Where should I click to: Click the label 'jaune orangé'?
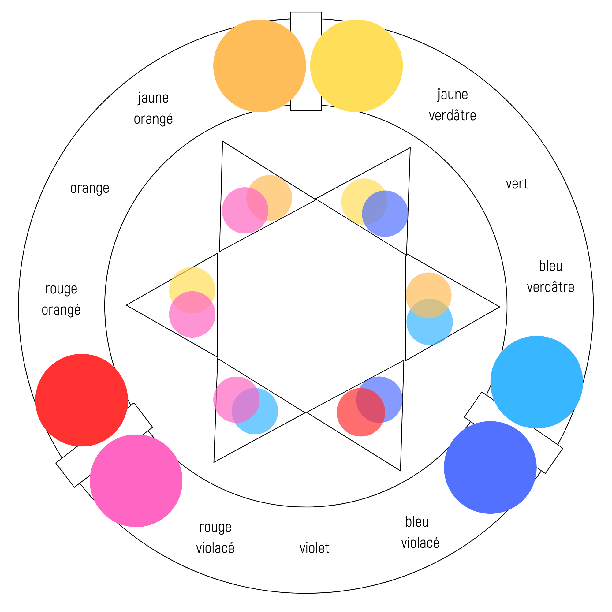[153, 108]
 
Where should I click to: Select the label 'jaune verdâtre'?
[452, 105]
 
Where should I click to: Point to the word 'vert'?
[517, 184]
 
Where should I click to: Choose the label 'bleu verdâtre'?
[550, 277]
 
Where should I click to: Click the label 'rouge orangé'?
[61, 299]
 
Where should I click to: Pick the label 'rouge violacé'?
[215, 538]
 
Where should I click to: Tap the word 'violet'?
[314, 548]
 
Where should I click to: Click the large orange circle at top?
[259, 66]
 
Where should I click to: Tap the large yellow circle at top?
[356, 66]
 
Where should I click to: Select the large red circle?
[82, 400]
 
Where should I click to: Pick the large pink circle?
[136, 481]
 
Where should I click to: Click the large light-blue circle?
[537, 382]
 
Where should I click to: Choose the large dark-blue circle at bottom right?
[490, 468]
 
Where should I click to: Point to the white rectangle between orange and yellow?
[306, 62]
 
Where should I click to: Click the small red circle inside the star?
[361, 412]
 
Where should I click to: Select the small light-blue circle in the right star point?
[430, 322]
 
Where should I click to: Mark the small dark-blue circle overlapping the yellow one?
[385, 214]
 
